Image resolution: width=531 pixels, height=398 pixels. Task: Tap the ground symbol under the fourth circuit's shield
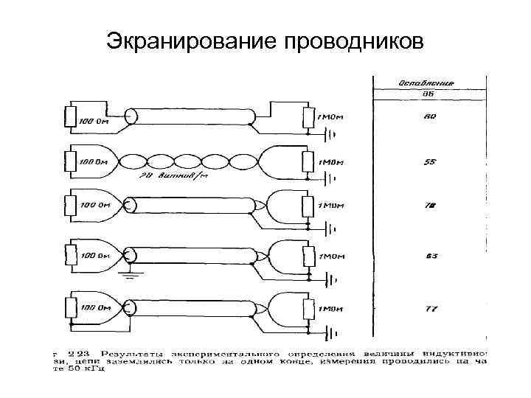point(131,274)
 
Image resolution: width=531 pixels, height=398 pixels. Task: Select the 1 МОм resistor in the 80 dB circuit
point(309,117)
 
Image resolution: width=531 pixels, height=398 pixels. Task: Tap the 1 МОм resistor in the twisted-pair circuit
point(309,162)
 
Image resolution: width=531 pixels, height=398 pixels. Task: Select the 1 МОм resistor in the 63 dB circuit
point(309,257)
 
